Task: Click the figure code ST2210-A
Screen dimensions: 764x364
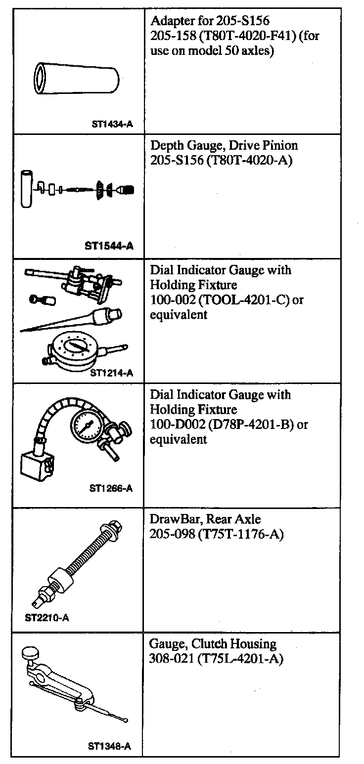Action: coord(46,617)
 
